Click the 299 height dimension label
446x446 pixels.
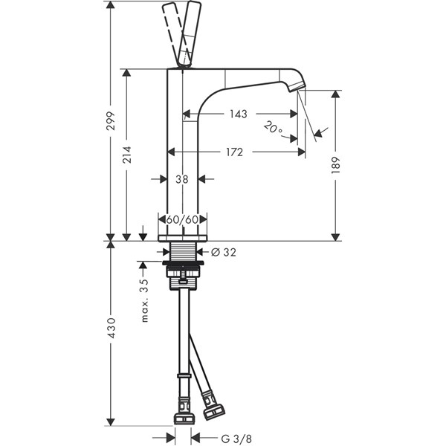click(x=110, y=121)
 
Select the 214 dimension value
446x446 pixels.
click(x=126, y=155)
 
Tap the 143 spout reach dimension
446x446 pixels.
click(x=239, y=114)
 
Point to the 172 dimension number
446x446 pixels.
click(x=235, y=152)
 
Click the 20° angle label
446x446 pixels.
click(x=273, y=128)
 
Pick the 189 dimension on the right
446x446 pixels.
click(x=336, y=165)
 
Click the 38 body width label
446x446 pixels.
click(x=182, y=179)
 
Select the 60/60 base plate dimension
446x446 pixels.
click(x=182, y=219)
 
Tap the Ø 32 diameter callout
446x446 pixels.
click(x=224, y=252)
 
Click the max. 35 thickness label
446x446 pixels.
click(x=145, y=300)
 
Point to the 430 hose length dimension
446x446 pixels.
click(x=111, y=328)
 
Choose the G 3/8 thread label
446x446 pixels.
click(x=236, y=439)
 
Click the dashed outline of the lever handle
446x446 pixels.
click(x=174, y=34)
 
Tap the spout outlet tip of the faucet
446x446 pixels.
click(x=297, y=85)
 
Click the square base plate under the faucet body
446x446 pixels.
click(x=183, y=239)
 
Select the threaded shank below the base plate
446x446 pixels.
click(x=182, y=251)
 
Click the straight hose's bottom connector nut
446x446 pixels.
click(x=184, y=418)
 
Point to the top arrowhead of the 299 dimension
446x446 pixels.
click(x=110, y=5)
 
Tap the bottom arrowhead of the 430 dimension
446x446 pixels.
click(x=110, y=421)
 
